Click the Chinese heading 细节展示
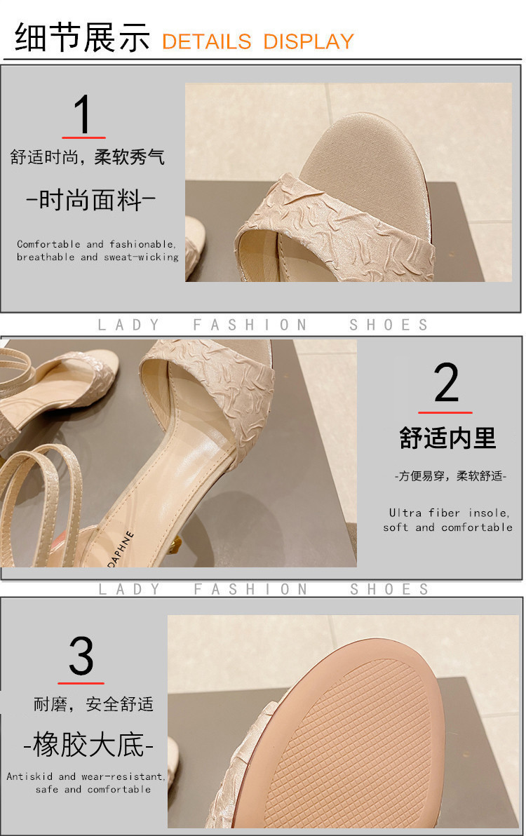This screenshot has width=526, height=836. [x=82, y=37]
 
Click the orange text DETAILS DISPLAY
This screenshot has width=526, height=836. [x=258, y=41]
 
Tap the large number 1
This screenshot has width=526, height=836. [x=83, y=114]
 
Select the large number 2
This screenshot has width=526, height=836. [x=446, y=382]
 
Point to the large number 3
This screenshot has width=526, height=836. [x=81, y=656]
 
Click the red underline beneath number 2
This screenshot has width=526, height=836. [x=445, y=412]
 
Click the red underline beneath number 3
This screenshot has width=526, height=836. [x=81, y=682]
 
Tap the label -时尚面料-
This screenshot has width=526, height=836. [x=90, y=200]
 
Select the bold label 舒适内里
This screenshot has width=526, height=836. [x=447, y=438]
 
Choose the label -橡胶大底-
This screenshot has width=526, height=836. [x=88, y=744]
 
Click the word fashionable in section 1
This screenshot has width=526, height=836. [x=142, y=244]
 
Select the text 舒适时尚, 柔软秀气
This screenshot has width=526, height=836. [x=88, y=157]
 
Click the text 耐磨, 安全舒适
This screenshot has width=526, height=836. [x=94, y=704]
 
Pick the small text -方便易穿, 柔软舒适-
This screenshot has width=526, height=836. [x=451, y=476]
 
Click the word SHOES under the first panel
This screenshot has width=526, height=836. [x=389, y=325]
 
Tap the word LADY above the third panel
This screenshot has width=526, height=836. [x=129, y=589]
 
